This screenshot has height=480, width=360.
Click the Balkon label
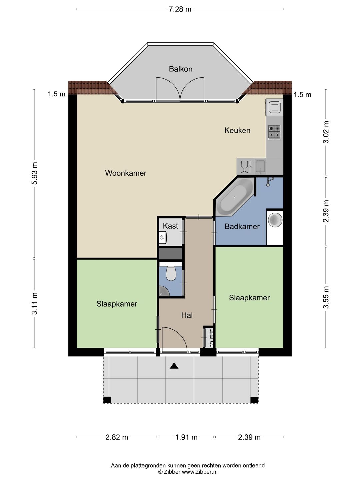181,69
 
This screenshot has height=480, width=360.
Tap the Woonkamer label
126,173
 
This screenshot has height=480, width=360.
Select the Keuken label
237,130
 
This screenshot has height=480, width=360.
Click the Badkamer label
242,226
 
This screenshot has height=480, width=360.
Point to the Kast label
170,226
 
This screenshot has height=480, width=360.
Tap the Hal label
187,315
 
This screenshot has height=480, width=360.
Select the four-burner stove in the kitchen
274,132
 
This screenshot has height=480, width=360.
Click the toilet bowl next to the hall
171,273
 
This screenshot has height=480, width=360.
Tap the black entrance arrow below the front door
174,366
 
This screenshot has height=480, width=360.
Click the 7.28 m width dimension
180,9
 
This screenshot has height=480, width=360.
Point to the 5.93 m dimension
35,173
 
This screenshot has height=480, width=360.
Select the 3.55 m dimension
326,297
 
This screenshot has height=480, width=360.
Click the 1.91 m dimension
186,437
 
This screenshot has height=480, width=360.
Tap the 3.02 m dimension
326,132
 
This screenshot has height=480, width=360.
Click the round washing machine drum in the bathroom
275,219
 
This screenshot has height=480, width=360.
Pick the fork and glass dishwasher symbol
246,167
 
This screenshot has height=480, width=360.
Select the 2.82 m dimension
117,437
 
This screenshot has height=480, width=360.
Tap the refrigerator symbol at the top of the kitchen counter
275,107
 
